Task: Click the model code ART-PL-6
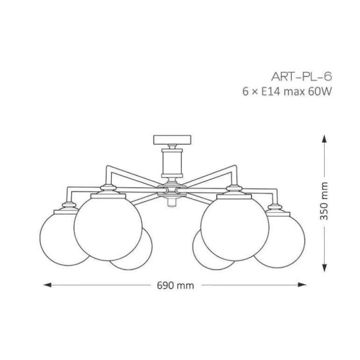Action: (x=302, y=77)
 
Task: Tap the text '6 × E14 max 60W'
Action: (x=287, y=92)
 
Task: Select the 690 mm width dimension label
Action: (x=174, y=285)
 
